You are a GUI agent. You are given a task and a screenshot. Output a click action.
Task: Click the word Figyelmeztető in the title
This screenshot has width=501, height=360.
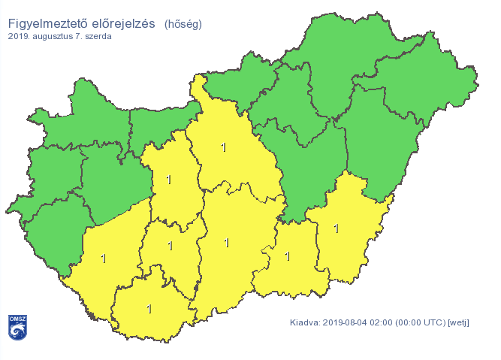(45, 23)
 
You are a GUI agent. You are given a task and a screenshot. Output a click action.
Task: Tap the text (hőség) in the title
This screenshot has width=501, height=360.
(183, 24)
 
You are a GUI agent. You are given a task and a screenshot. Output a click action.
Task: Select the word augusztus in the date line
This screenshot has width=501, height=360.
(62, 36)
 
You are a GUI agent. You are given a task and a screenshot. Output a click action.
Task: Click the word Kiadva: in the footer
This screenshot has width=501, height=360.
(305, 322)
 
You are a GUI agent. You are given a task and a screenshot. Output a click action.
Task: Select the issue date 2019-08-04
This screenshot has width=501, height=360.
(349, 322)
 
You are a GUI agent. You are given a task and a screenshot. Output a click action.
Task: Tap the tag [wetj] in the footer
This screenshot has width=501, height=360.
(458, 322)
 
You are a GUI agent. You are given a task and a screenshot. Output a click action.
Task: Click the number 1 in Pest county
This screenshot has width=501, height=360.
(223, 147)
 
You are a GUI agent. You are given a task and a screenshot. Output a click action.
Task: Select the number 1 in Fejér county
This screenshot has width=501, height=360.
(168, 180)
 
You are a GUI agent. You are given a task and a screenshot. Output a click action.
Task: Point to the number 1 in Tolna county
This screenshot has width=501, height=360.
(171, 245)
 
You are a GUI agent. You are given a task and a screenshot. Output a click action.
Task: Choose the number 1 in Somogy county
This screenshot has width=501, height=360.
(103, 259)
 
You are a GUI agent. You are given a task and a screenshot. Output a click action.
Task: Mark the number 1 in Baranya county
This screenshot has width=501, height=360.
(149, 308)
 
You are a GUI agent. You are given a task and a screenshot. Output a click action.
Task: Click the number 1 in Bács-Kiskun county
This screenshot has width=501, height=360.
(227, 242)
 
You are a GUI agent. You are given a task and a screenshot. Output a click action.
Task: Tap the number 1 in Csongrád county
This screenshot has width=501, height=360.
(287, 256)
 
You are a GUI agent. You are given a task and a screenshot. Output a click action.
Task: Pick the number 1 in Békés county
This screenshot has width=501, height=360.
(336, 228)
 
